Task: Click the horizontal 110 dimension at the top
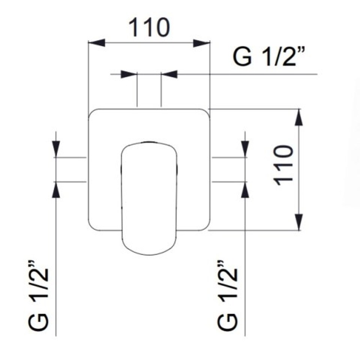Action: coord(149,27)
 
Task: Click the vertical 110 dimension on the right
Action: coord(284,165)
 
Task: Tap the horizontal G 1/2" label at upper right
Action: coord(269,57)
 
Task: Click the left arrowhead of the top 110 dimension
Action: coord(97,43)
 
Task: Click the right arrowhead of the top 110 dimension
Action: coord(202,43)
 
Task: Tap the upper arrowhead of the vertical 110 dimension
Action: coord(298,117)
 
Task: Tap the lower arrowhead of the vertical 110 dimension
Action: coord(298,222)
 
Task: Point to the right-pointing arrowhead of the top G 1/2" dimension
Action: coord(129,74)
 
